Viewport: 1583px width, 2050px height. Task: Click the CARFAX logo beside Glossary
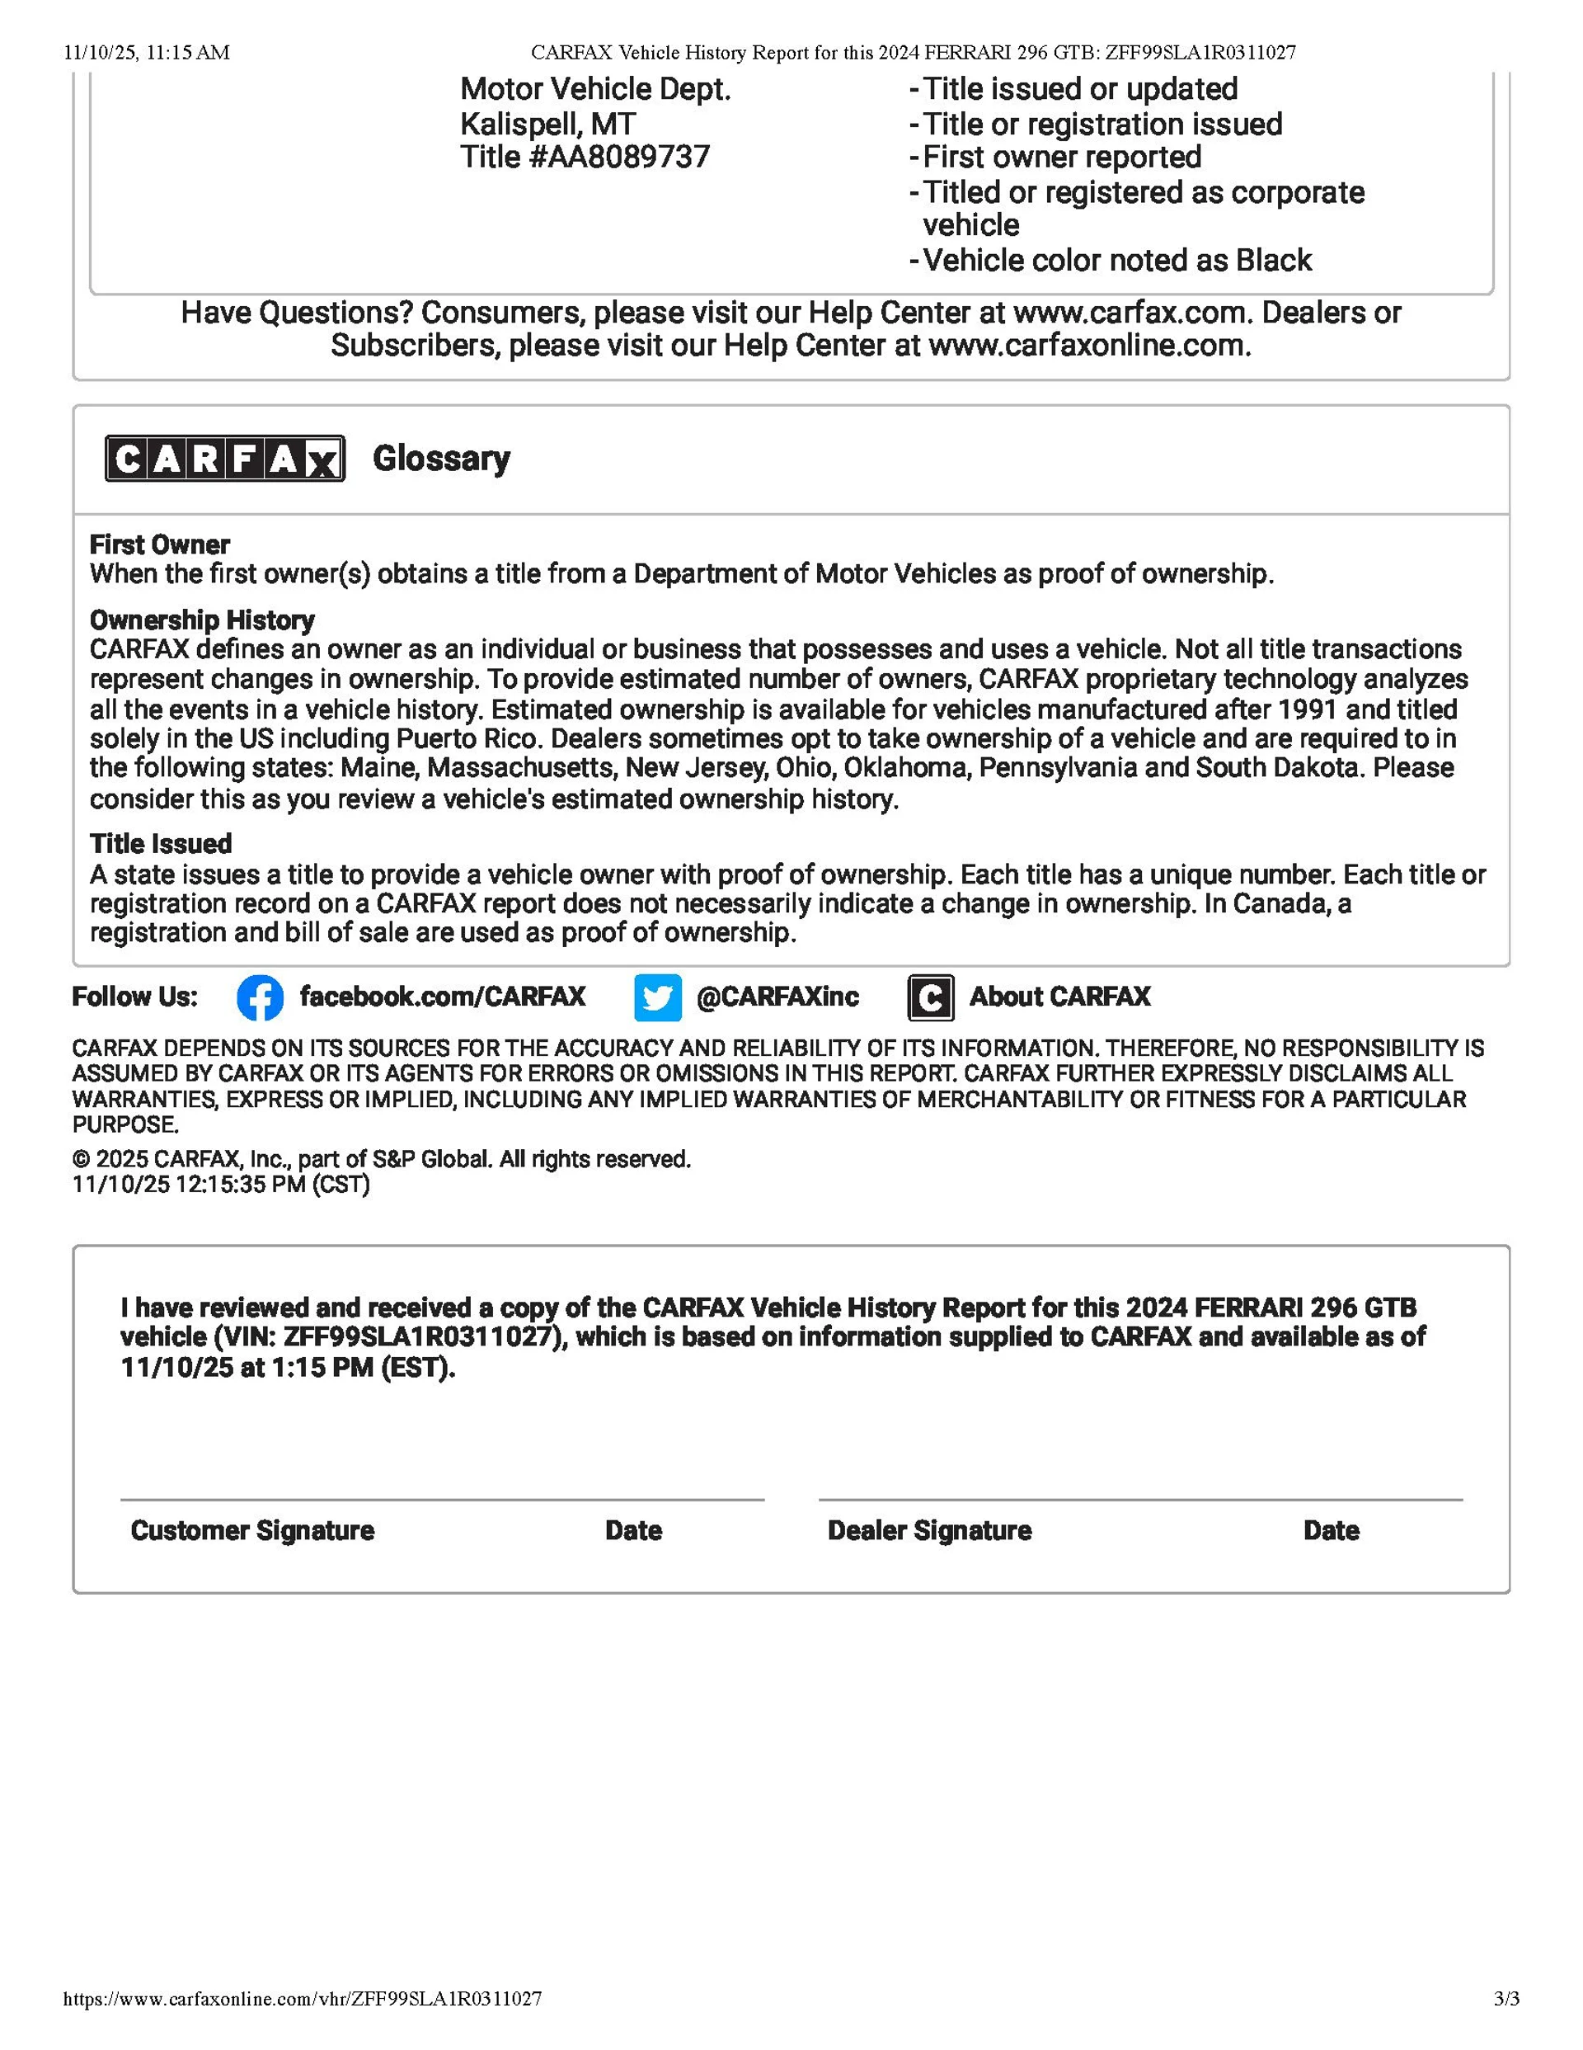pos(224,459)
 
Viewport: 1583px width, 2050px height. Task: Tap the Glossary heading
pos(441,459)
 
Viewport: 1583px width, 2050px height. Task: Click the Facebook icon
pos(260,997)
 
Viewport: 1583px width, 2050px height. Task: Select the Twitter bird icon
pos(657,997)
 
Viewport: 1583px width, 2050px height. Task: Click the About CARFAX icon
pos(930,997)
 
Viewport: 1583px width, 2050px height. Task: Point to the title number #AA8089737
pos(585,157)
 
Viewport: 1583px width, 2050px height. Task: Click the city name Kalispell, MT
pos(547,124)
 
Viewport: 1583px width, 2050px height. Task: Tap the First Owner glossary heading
pos(159,544)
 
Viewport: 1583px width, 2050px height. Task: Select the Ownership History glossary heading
pos(202,620)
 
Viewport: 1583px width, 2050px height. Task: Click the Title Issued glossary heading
pos(161,843)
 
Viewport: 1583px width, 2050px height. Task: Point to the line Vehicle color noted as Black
pos(1116,260)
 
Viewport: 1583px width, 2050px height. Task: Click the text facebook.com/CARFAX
pos(442,997)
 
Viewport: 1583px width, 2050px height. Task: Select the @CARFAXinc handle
pos(777,997)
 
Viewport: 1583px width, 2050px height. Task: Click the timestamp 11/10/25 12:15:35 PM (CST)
pos(222,1185)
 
